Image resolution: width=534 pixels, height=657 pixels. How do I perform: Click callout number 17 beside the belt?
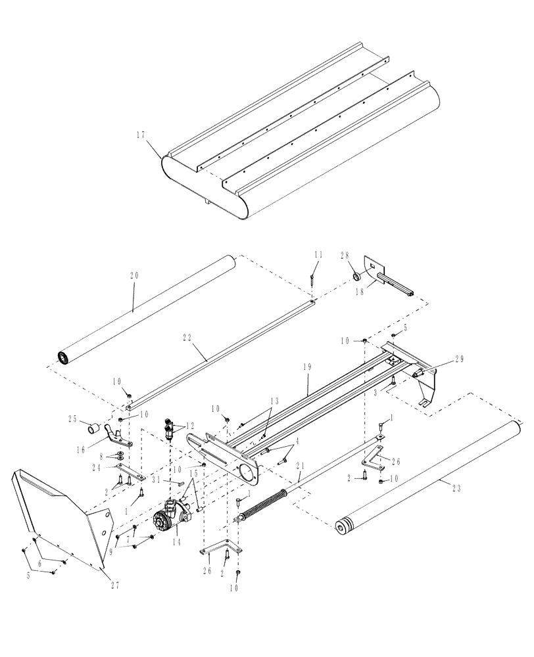coord(140,135)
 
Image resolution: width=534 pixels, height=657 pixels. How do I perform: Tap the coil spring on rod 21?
coord(266,505)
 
